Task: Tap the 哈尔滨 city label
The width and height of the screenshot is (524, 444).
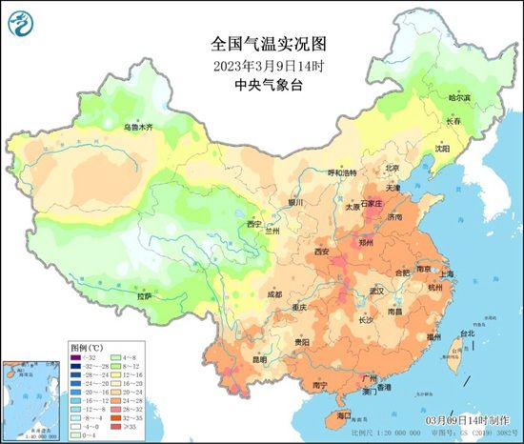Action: (460, 97)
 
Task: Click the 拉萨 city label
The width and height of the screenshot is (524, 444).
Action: (144, 296)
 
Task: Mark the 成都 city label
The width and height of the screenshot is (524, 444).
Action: (274, 294)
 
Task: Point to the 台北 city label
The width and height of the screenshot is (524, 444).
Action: (467, 333)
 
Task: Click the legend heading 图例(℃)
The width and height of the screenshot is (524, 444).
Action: (87, 349)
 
